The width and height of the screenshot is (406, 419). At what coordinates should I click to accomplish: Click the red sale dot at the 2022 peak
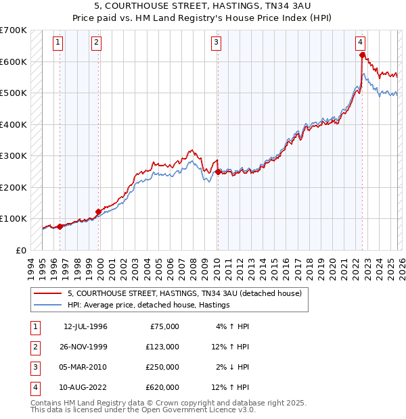[363, 55]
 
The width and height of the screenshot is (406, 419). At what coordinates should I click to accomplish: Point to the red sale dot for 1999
[99, 211]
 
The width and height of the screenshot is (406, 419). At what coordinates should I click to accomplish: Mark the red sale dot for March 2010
[218, 172]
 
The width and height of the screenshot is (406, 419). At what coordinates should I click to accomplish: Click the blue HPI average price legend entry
[149, 305]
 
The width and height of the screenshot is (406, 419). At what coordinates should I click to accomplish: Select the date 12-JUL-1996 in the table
[85, 326]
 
